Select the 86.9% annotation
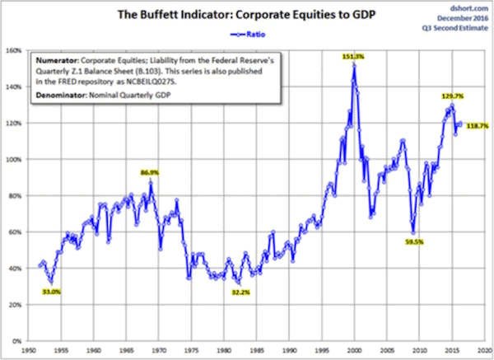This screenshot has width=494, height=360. point(150,173)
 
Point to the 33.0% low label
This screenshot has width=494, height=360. point(52,291)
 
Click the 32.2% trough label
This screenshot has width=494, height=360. point(240,292)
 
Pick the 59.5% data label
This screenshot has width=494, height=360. point(414,242)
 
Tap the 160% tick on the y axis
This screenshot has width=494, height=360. point(14,49)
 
